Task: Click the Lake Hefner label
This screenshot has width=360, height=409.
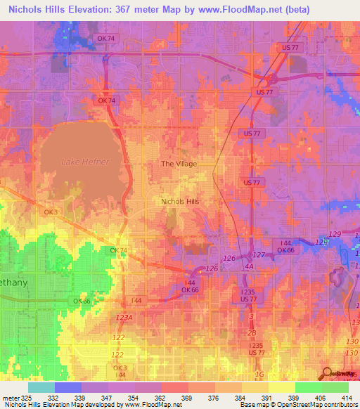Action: [85, 162]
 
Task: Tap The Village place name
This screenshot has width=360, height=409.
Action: [179, 164]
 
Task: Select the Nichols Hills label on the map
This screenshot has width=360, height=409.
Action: [180, 201]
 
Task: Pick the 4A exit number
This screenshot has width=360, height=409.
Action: [249, 266]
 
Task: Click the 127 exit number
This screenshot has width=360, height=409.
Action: [259, 254]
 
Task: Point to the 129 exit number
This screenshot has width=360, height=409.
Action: [335, 233]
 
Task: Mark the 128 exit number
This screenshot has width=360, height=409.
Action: [321, 242]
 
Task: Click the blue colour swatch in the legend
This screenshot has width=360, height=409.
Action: [68, 387]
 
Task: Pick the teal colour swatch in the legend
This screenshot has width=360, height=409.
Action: [41, 387]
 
